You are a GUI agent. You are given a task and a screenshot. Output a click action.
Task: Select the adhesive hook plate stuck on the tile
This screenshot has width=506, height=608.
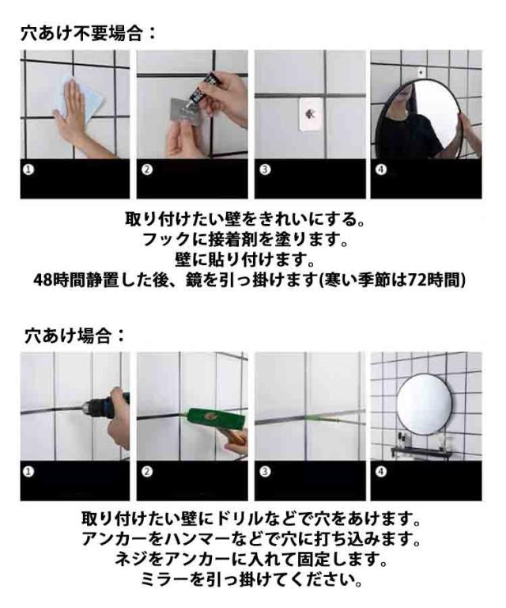311,114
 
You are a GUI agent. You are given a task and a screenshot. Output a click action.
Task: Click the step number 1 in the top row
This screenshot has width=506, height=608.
28,169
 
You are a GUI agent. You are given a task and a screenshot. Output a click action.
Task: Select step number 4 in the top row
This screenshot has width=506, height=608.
381,169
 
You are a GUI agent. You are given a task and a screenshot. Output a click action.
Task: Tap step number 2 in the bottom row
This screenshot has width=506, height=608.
147,472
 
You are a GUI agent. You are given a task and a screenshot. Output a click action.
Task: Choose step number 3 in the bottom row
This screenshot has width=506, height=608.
265,472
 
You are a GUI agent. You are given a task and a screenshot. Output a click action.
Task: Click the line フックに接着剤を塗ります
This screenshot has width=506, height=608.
246,240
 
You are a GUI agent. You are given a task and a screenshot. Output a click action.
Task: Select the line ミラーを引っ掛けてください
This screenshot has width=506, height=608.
251,579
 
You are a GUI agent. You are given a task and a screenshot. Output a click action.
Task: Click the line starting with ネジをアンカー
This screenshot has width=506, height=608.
251,560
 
